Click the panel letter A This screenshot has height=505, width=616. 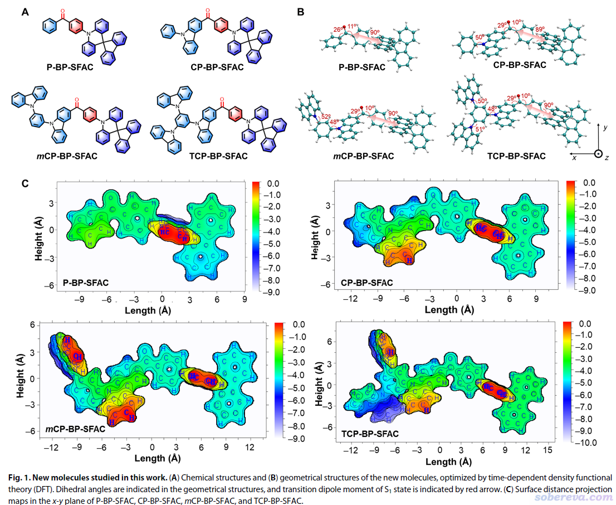coord(25,11)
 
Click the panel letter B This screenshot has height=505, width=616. coord(300,11)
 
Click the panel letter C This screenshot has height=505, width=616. coord(25,183)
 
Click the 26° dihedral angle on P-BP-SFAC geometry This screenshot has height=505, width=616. coord(338,29)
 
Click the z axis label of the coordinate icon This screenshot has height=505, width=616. coord(607,158)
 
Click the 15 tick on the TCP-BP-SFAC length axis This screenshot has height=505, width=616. coord(547,449)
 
